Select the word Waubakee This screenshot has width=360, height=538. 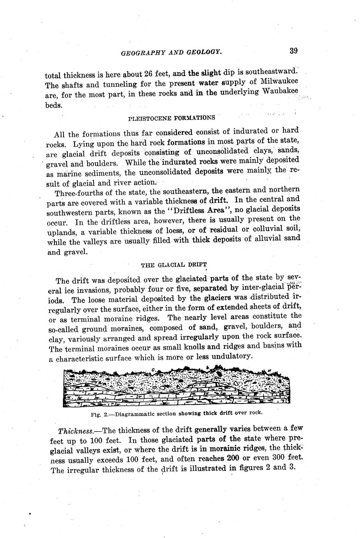pyautogui.click(x=279, y=91)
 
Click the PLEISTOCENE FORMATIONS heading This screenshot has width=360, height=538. pyautogui.click(x=171, y=117)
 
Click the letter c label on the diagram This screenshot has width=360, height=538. pyautogui.click(x=154, y=369)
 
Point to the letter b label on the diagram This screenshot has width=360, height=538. pyautogui.click(x=208, y=367)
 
